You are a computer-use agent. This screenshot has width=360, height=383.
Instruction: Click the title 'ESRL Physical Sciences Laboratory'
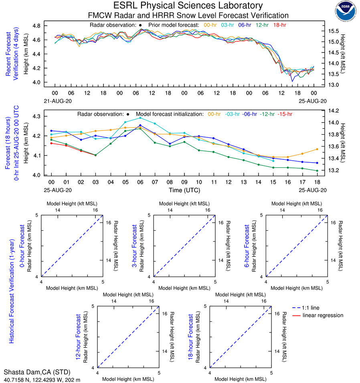(188, 6)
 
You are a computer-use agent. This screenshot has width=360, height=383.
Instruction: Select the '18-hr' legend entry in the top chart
(279, 25)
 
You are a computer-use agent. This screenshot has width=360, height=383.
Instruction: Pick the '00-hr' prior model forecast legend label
(211, 25)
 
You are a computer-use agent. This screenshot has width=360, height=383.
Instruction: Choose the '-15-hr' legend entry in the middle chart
(285, 114)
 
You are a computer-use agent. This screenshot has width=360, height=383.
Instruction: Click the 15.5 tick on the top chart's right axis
(334, 31)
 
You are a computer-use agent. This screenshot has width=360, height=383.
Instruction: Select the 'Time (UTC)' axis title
(185, 190)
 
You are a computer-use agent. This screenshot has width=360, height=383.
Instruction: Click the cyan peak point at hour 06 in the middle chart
(140, 118)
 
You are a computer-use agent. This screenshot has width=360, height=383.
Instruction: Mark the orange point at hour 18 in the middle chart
(317, 149)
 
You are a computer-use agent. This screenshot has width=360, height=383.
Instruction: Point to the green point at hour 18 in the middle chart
(317, 171)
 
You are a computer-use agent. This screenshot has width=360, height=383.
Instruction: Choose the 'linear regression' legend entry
(323, 315)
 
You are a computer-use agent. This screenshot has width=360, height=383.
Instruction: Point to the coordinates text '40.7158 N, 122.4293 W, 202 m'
(42, 379)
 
